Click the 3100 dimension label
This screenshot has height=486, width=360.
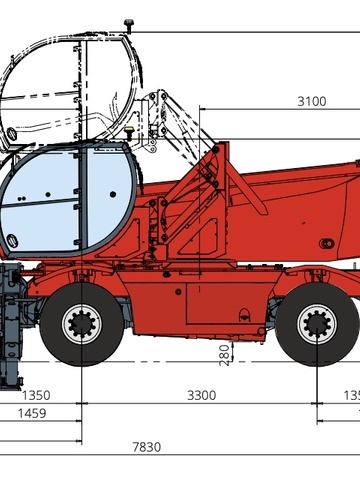tap(311, 101)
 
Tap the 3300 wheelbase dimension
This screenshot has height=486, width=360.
tap(201, 395)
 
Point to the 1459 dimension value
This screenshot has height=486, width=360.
tap(30, 412)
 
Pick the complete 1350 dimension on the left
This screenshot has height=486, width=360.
tap(36, 395)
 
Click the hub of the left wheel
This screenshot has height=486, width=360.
tap(82, 323)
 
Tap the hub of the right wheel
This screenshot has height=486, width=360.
tap(317, 323)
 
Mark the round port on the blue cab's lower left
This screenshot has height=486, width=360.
tap(12, 241)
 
